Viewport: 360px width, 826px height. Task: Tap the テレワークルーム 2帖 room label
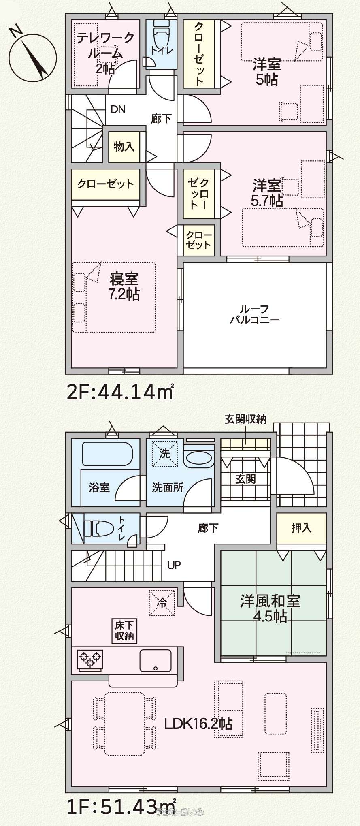105,53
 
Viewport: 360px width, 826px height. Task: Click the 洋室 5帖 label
267,72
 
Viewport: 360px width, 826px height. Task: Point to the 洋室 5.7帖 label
267,193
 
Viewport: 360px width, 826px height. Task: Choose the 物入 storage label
124,146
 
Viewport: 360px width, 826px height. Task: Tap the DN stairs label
118,109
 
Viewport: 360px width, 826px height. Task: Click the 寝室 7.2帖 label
124,286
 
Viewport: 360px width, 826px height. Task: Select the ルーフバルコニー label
255,314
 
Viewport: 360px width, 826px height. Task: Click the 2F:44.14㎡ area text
121,392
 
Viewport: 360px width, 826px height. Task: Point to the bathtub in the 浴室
107,454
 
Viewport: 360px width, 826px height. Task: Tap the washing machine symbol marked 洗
164,453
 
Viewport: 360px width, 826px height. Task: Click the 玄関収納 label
245,419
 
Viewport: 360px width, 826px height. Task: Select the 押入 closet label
301,528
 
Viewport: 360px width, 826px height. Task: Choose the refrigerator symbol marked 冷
162,602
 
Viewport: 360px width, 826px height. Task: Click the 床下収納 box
124,631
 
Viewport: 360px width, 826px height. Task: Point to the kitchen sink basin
156,661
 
